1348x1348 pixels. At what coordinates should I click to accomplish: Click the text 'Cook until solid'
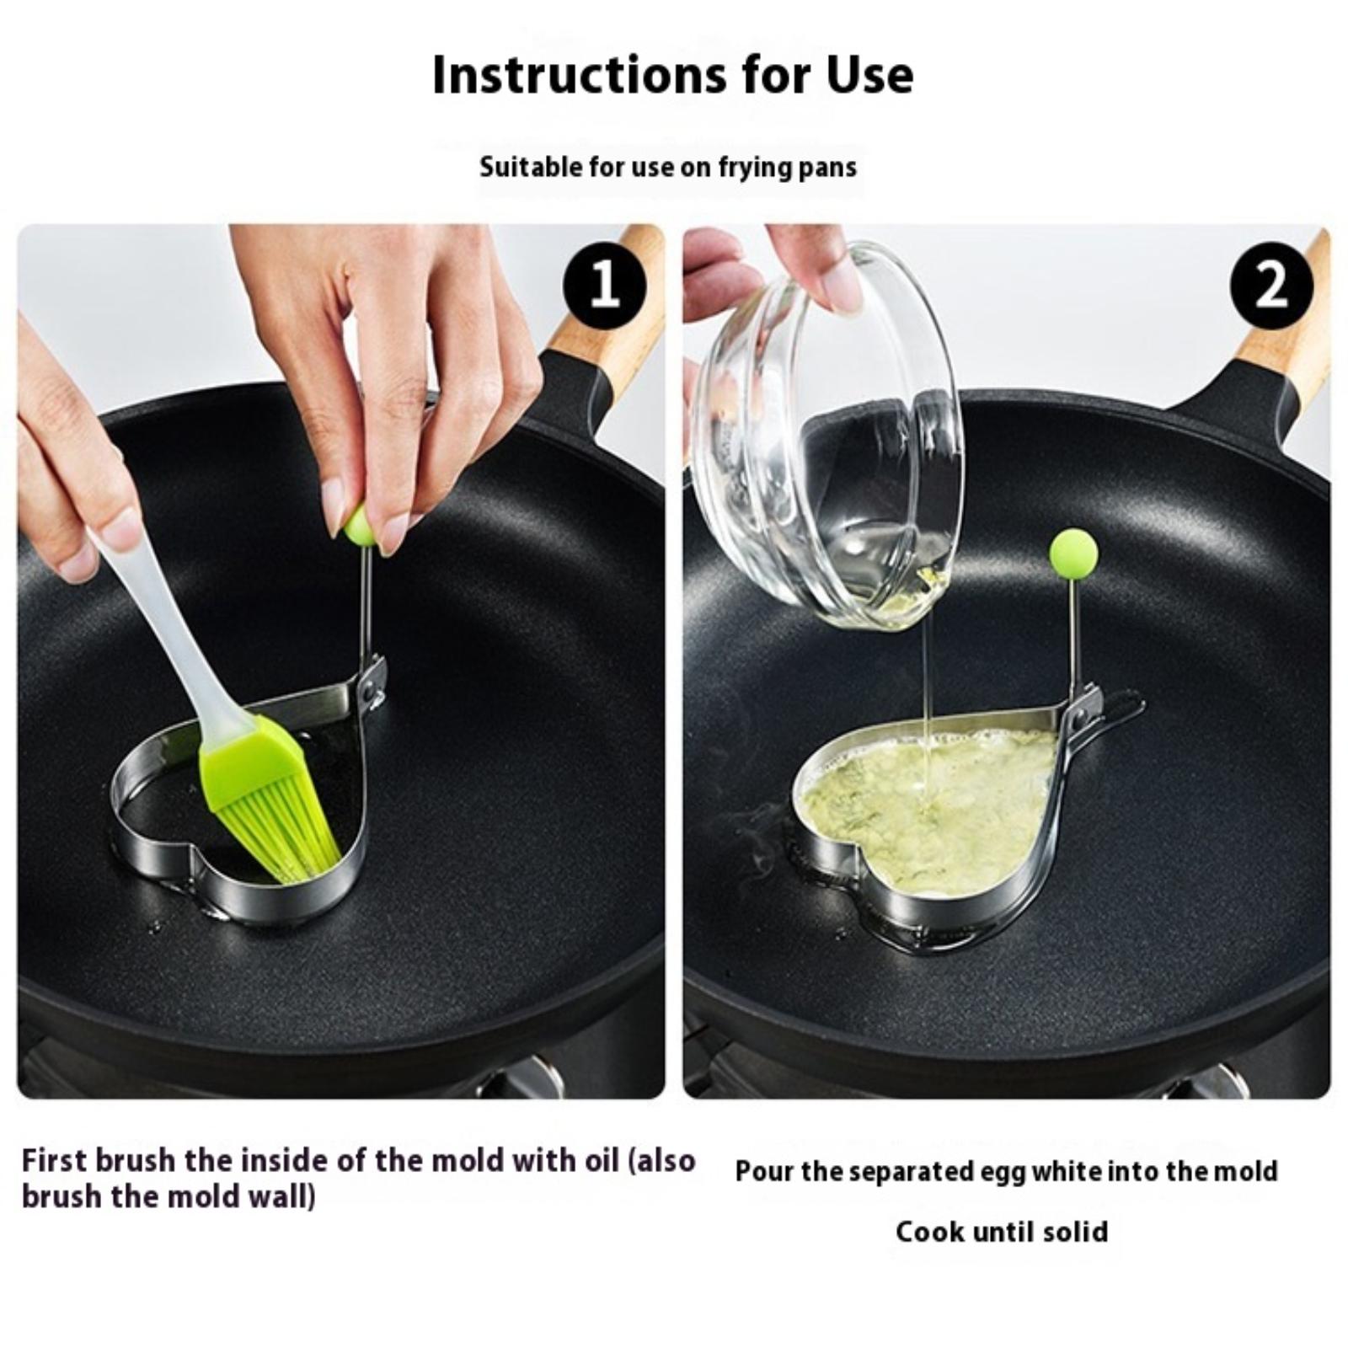click(1002, 1232)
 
